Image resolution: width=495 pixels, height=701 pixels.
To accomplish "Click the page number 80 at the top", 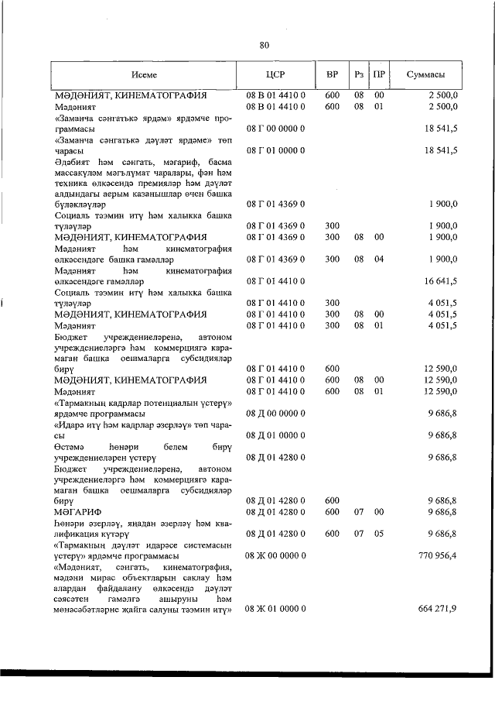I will click(x=264, y=45).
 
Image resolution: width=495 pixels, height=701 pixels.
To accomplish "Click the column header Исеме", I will click(x=144, y=76).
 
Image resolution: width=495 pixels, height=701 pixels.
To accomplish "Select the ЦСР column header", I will click(x=275, y=76).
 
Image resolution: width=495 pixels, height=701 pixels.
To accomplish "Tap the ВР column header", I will click(x=331, y=76).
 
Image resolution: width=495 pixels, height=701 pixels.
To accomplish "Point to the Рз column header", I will click(x=359, y=76).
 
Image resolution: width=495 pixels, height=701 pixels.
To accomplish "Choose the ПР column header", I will click(x=379, y=76).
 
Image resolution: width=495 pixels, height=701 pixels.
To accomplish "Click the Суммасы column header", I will click(x=425, y=76).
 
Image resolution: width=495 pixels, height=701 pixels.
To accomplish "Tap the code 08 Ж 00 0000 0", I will click(x=276, y=555).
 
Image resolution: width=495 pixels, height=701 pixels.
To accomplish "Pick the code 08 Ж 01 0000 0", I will click(x=276, y=609).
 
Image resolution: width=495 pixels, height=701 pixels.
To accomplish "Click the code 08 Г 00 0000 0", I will click(x=276, y=127).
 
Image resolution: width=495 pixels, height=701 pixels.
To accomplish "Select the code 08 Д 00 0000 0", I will click(x=276, y=416).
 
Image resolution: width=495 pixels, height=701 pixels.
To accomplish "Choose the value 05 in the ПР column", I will click(x=379, y=534).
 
